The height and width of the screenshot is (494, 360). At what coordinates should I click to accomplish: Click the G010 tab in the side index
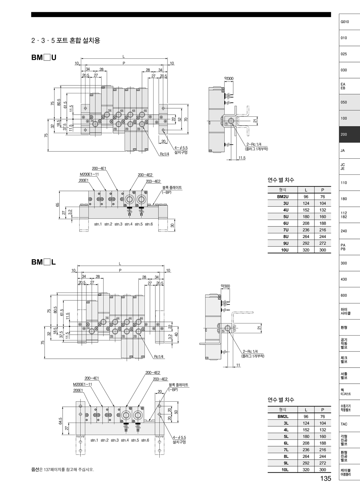pyautogui.click(x=349, y=22)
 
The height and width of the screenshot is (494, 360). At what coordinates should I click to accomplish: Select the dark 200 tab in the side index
pyautogui.click(x=349, y=134)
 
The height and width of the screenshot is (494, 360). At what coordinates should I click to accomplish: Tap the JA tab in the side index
pyautogui.click(x=349, y=150)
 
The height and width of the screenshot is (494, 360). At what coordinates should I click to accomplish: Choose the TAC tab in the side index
pyautogui.click(x=349, y=424)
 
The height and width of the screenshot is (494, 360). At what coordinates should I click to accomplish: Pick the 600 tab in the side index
pyautogui.click(x=349, y=295)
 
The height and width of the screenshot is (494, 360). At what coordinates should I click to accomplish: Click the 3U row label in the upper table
pyautogui.click(x=286, y=203)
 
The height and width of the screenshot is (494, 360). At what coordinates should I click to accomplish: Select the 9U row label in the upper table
pyautogui.click(x=286, y=243)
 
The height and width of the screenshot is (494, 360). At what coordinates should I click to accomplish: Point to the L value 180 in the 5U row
pyautogui.click(x=306, y=217)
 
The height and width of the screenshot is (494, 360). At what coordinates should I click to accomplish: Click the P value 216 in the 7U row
pyautogui.click(x=323, y=230)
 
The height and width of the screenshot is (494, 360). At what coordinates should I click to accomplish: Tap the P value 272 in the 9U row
pyautogui.click(x=323, y=243)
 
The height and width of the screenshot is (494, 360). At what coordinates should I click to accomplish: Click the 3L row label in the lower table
pyautogui.click(x=286, y=423)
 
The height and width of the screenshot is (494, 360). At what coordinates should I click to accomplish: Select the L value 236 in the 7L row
pyautogui.click(x=306, y=450)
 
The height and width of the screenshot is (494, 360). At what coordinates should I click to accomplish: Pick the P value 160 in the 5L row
pyautogui.click(x=323, y=437)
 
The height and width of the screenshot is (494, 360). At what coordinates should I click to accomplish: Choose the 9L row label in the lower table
pyautogui.click(x=286, y=463)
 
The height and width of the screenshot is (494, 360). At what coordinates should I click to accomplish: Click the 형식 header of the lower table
pyautogui.click(x=282, y=410)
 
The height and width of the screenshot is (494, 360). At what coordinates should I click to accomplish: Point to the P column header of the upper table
pyautogui.click(x=323, y=190)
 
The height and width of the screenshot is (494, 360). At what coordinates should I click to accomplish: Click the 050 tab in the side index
pyautogui.click(x=349, y=102)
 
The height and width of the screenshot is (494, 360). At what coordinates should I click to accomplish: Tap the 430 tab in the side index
pyautogui.click(x=349, y=279)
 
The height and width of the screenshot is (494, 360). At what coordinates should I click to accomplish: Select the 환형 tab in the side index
pyautogui.click(x=349, y=328)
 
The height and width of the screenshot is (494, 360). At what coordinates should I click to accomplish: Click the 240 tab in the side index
pyautogui.click(x=349, y=231)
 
